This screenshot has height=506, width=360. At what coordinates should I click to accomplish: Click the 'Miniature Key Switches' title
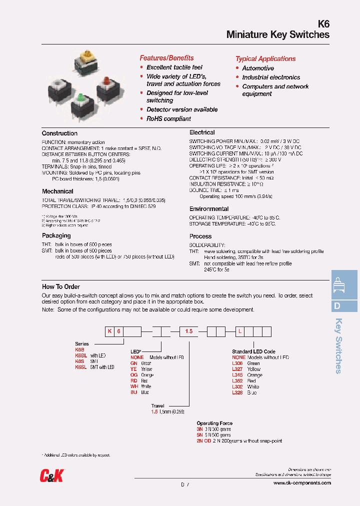click(x=277, y=34)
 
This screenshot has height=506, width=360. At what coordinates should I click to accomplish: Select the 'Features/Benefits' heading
click(x=166, y=58)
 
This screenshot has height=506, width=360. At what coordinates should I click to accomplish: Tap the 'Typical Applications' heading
click(x=265, y=58)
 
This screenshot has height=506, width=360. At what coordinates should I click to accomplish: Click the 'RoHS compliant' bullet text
click(x=168, y=118)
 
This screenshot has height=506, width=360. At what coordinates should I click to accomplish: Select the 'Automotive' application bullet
click(x=258, y=68)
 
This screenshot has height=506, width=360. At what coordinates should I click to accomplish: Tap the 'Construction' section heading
click(x=59, y=133)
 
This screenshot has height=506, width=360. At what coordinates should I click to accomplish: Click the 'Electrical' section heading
click(x=202, y=132)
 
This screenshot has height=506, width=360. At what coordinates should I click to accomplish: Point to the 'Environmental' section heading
click(x=209, y=209)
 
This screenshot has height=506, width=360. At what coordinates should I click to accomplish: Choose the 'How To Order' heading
click(x=61, y=286)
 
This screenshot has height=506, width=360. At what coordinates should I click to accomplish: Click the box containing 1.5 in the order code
click(x=188, y=331)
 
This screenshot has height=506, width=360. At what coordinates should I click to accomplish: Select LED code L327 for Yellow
click(x=237, y=369)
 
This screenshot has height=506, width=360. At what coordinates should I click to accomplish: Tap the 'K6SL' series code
click(x=80, y=367)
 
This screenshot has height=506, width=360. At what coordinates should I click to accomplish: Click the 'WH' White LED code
click(x=134, y=386)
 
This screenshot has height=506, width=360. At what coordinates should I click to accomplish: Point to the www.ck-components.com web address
click(x=302, y=483)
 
